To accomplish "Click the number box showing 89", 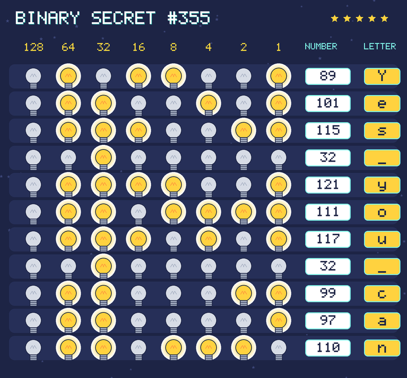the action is (x=328, y=77).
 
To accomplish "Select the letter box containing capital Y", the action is (x=382, y=77).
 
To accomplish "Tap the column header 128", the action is (x=33, y=47).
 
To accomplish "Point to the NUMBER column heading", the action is (x=321, y=46).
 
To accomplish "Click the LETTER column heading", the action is (x=379, y=46).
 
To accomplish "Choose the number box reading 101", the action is (x=328, y=103).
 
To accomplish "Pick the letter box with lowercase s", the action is (x=382, y=131).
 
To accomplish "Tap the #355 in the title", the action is (x=189, y=18).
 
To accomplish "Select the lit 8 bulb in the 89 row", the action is (x=173, y=76).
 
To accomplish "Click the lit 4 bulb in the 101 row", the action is (x=208, y=103).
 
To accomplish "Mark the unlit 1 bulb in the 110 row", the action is (x=279, y=349).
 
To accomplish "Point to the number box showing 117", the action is (x=328, y=239).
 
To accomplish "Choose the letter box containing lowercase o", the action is (x=382, y=212).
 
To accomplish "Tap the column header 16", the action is (x=139, y=47).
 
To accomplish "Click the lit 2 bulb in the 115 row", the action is (x=243, y=130).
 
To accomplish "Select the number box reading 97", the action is (x=328, y=321).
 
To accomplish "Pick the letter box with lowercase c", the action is (x=382, y=293).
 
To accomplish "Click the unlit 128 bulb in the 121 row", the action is (x=33, y=187).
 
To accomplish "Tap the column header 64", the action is (x=68, y=47).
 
